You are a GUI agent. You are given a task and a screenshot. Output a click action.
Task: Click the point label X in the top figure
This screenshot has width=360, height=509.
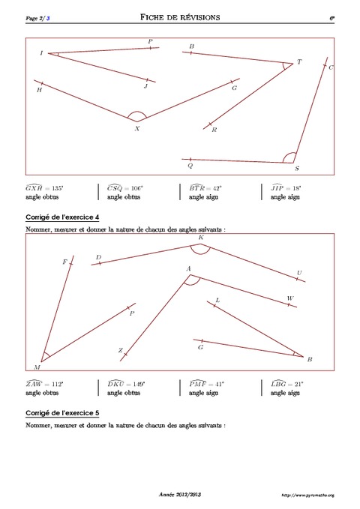pos(137,128)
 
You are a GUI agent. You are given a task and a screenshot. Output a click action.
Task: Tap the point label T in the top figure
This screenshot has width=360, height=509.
pos(299,62)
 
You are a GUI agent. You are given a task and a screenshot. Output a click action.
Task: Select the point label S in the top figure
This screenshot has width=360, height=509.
pos(297,169)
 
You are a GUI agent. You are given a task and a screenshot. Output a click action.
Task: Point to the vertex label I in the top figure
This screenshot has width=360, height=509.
pos(41,53)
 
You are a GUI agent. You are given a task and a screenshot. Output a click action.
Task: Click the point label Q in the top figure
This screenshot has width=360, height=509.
pos(190,166)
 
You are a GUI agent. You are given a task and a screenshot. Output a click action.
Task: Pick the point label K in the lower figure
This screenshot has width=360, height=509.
pos(200,238)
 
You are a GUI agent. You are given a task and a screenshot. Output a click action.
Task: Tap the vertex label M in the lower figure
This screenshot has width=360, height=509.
pos(37,367)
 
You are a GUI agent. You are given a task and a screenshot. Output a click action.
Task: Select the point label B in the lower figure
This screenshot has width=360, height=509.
pos(310,359)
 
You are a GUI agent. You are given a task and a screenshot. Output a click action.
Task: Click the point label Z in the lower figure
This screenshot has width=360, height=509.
pos(119,351)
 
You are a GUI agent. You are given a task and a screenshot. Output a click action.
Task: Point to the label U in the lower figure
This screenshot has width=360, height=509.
pos(299,273)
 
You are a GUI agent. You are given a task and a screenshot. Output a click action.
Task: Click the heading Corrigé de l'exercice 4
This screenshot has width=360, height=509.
pos(61,217)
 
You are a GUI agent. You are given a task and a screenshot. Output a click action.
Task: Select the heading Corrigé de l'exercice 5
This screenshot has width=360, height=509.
pos(61,412)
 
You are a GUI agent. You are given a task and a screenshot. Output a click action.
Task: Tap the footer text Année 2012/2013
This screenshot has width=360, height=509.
pos(180,496)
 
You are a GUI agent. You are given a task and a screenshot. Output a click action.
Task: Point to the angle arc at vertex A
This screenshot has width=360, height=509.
pos(192,280)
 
